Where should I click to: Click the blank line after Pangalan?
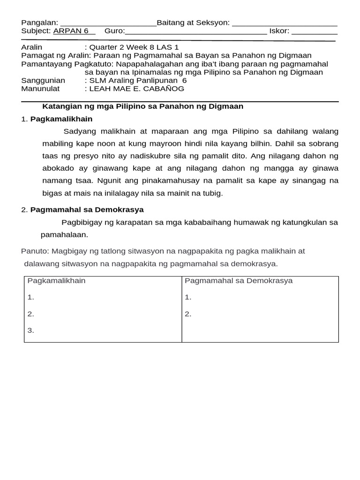[108, 23]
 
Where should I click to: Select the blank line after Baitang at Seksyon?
[285, 23]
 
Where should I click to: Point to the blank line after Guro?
[196, 32]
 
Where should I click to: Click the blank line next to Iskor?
[314, 32]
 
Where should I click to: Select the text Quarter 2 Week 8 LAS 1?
[134, 47]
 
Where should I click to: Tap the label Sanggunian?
[43, 80]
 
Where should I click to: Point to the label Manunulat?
[44, 89]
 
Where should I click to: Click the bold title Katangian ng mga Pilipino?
[143, 106]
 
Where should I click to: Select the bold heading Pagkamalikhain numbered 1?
[61, 119]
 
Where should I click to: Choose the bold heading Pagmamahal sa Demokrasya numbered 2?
[87, 210]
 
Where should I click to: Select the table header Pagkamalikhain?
[56, 281]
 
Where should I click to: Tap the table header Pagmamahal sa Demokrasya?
[239, 281]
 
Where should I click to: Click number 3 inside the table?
[31, 330]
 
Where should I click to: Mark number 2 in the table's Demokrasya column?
[188, 314]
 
